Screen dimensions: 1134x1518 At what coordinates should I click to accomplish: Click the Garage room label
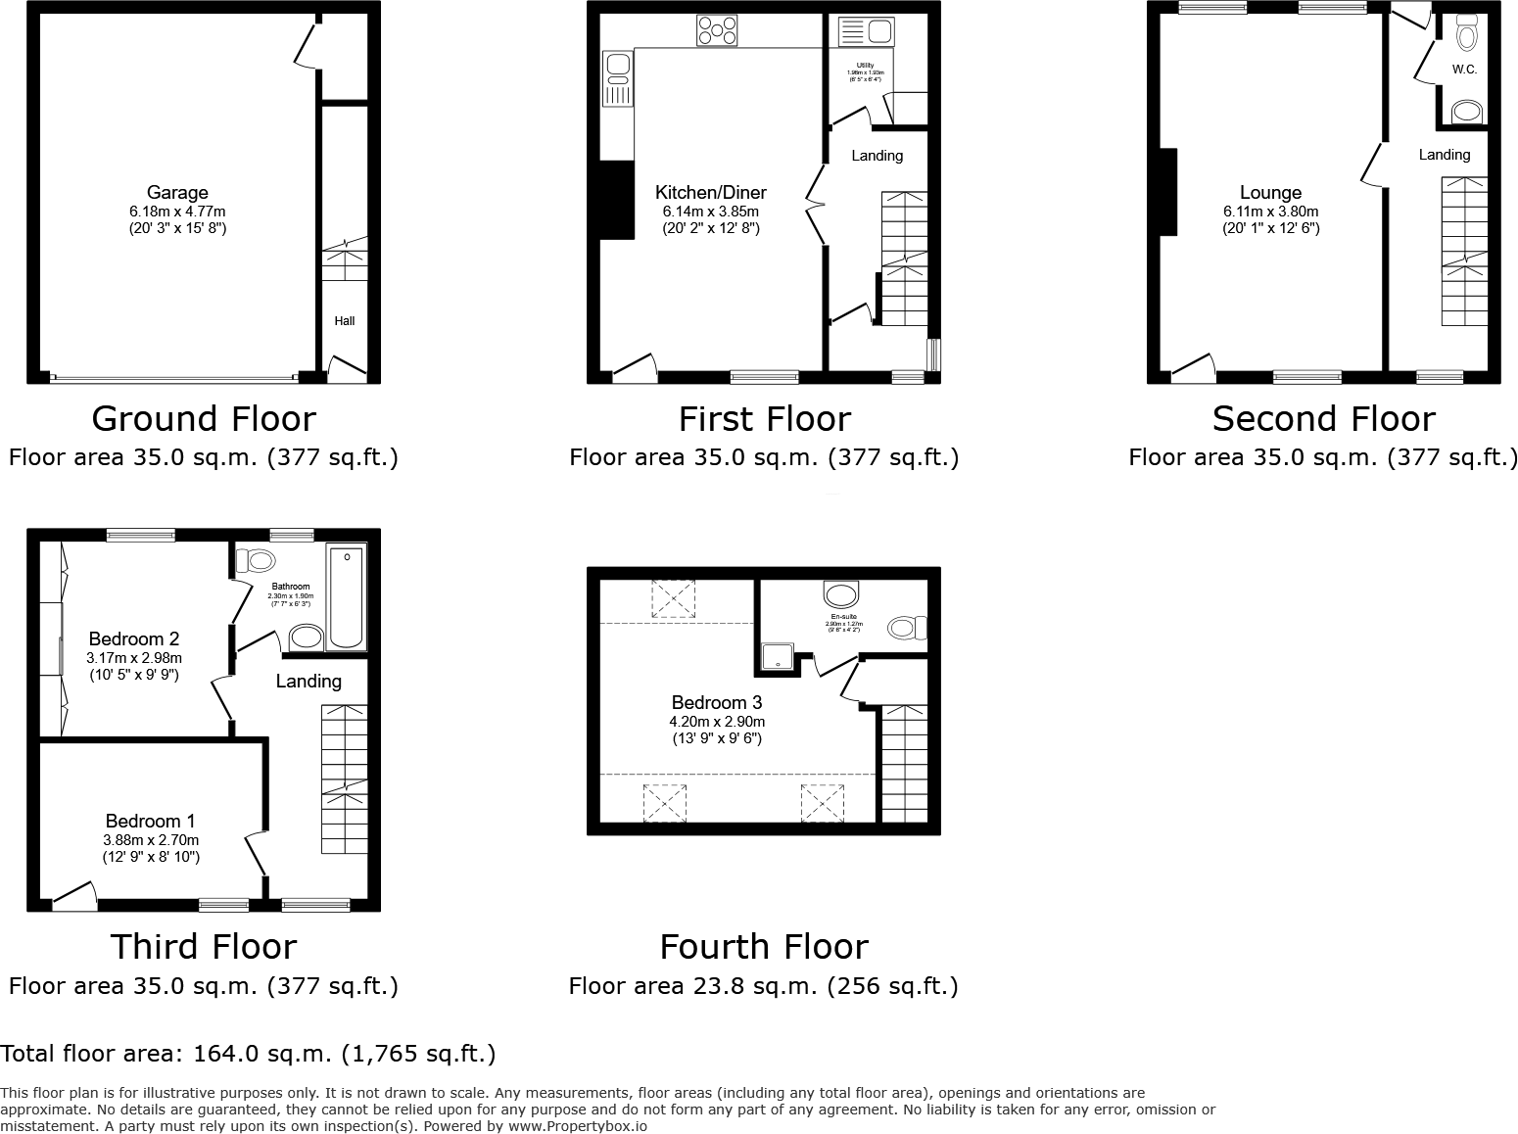point(177,193)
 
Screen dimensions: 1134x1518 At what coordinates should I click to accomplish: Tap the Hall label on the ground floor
point(345,321)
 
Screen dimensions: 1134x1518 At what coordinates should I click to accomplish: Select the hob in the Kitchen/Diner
point(717,30)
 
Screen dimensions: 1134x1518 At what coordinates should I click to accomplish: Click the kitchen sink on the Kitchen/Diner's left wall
point(618,78)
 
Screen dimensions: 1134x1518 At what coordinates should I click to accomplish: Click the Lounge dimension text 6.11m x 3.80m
point(1270,212)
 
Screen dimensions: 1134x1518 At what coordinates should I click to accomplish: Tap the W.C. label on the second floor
point(1464,70)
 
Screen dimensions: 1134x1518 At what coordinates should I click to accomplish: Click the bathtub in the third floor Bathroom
point(347,597)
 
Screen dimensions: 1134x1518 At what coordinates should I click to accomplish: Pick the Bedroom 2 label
point(133,639)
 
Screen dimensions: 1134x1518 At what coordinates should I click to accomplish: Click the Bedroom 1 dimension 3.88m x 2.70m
point(151,840)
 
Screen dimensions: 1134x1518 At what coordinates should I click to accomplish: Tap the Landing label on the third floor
point(308,682)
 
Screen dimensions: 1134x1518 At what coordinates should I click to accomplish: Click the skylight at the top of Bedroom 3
point(673,597)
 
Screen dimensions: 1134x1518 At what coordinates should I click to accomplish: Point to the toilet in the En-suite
point(907,627)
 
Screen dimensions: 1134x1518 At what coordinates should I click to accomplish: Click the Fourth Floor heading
point(764,947)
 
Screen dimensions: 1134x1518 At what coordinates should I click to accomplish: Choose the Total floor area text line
point(248,1054)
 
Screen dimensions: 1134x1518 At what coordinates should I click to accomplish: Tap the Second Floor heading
point(1323,419)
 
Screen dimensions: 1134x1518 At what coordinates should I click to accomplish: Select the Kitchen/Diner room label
point(711,193)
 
